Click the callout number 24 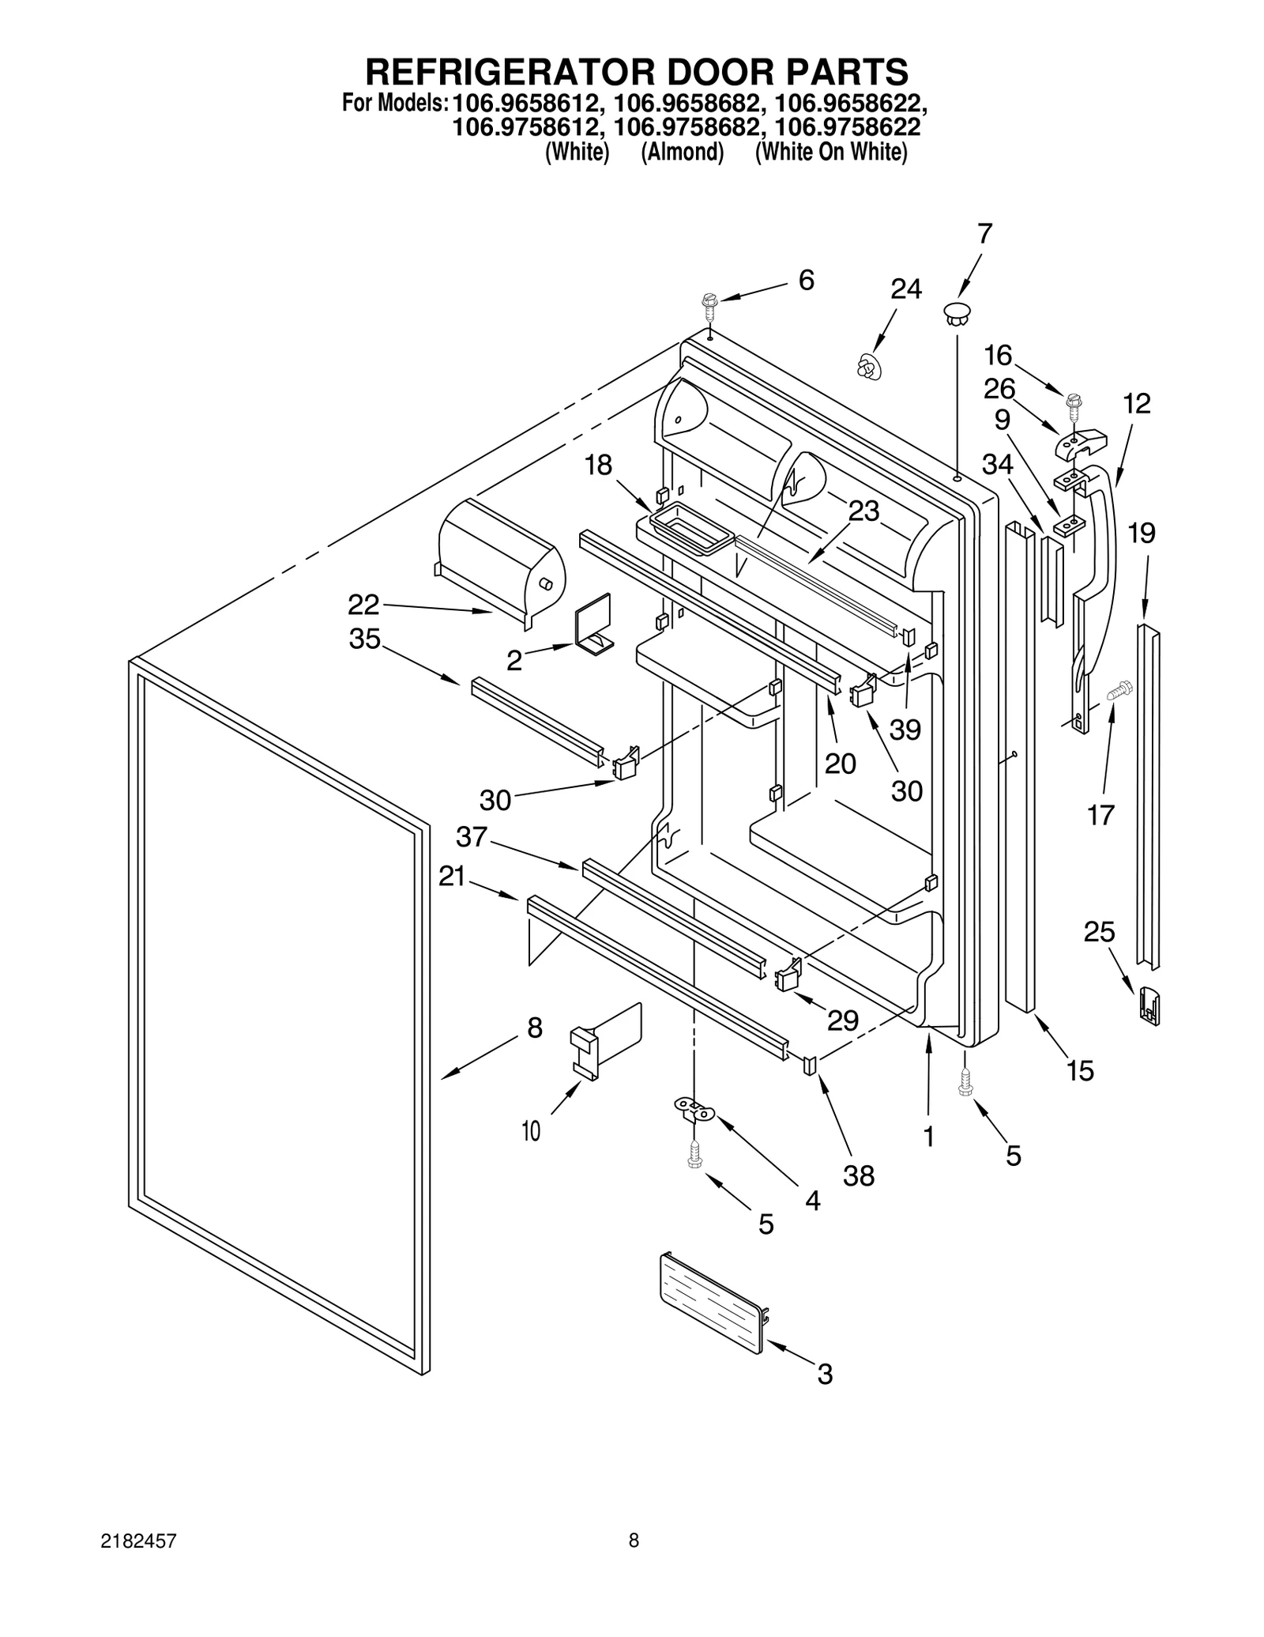click(905, 289)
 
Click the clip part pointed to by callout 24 click(869, 366)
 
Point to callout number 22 click(364, 605)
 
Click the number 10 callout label click(531, 1132)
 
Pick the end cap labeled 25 click(1149, 1005)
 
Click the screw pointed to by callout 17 click(1119, 692)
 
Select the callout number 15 click(1080, 1071)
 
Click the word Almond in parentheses click(682, 152)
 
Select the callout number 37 click(472, 837)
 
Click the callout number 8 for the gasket click(535, 1028)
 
